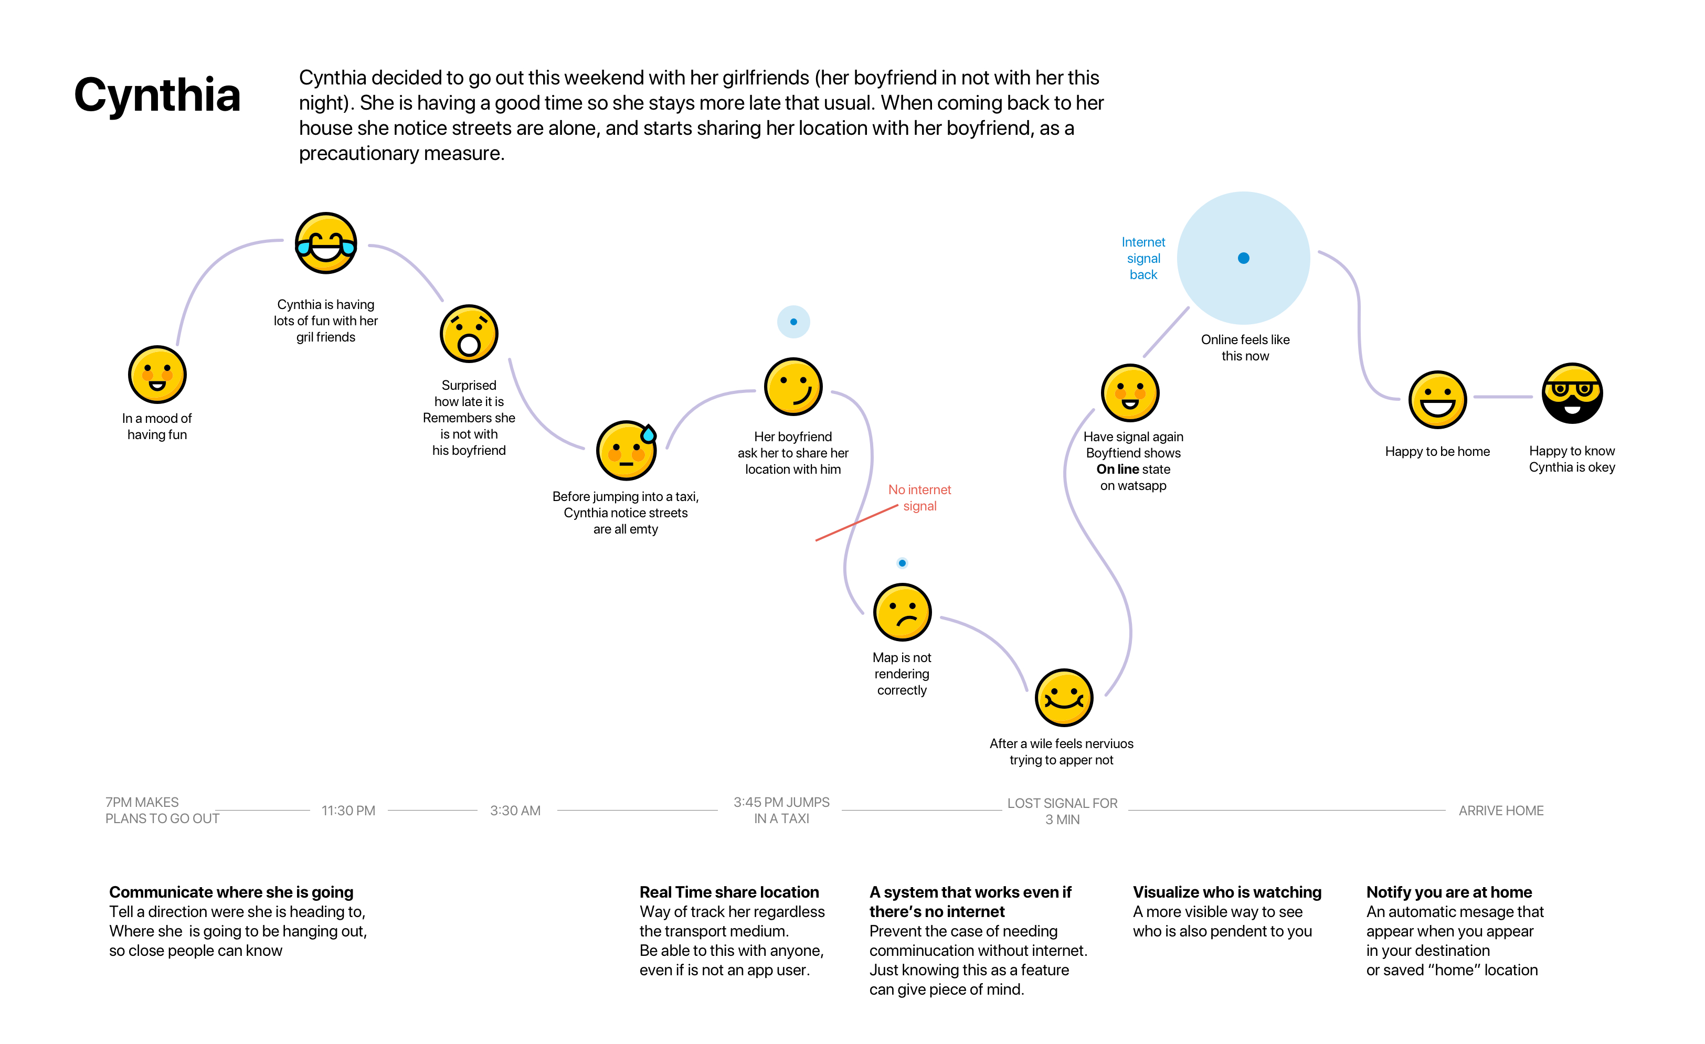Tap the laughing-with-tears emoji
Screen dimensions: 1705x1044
pos(326,243)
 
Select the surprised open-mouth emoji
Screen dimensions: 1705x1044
pos(469,334)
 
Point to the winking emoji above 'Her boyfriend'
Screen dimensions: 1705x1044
pos(793,387)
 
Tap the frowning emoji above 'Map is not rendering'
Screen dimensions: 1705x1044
pos(902,612)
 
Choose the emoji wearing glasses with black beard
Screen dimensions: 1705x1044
pos(1572,393)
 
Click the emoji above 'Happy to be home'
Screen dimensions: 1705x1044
pos(1437,400)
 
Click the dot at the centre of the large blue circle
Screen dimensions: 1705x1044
pos(1244,258)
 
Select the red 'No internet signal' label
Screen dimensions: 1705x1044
pos(919,497)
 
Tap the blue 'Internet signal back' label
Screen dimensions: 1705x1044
pos(1143,258)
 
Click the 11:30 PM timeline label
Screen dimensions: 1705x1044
pos(348,810)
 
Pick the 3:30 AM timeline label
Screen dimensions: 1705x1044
pos(515,810)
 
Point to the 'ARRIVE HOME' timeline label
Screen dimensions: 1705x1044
pos(1501,810)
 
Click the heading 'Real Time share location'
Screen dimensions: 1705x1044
pos(728,892)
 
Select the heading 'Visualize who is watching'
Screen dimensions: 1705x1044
pos(1227,892)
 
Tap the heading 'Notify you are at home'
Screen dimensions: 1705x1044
pos(1449,892)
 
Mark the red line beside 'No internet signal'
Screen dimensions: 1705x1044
pos(856,523)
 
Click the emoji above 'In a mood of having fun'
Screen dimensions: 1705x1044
pos(157,374)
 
